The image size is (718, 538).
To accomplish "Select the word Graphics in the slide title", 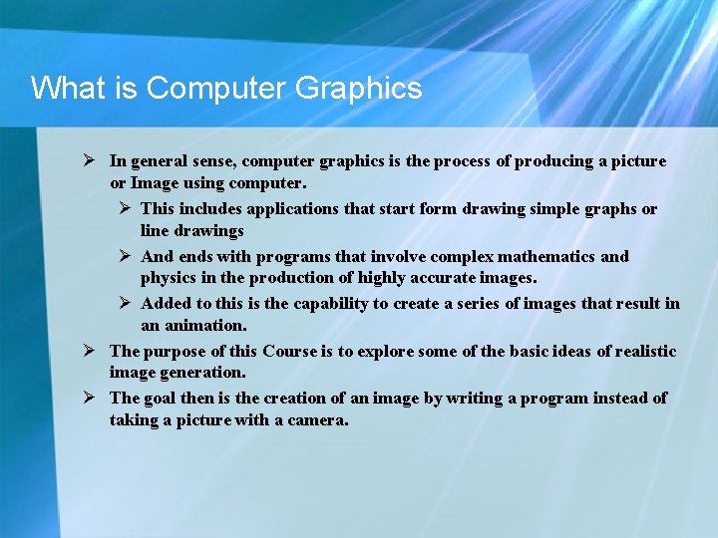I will pos(359,90).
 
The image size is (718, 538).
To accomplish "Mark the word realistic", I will pos(637,351).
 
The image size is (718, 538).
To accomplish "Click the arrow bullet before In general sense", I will pos(89,160).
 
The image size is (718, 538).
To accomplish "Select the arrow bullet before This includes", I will pos(121,208).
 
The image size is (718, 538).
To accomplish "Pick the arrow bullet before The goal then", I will pos(89,398).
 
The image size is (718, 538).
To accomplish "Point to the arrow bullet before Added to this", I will pos(121,303).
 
